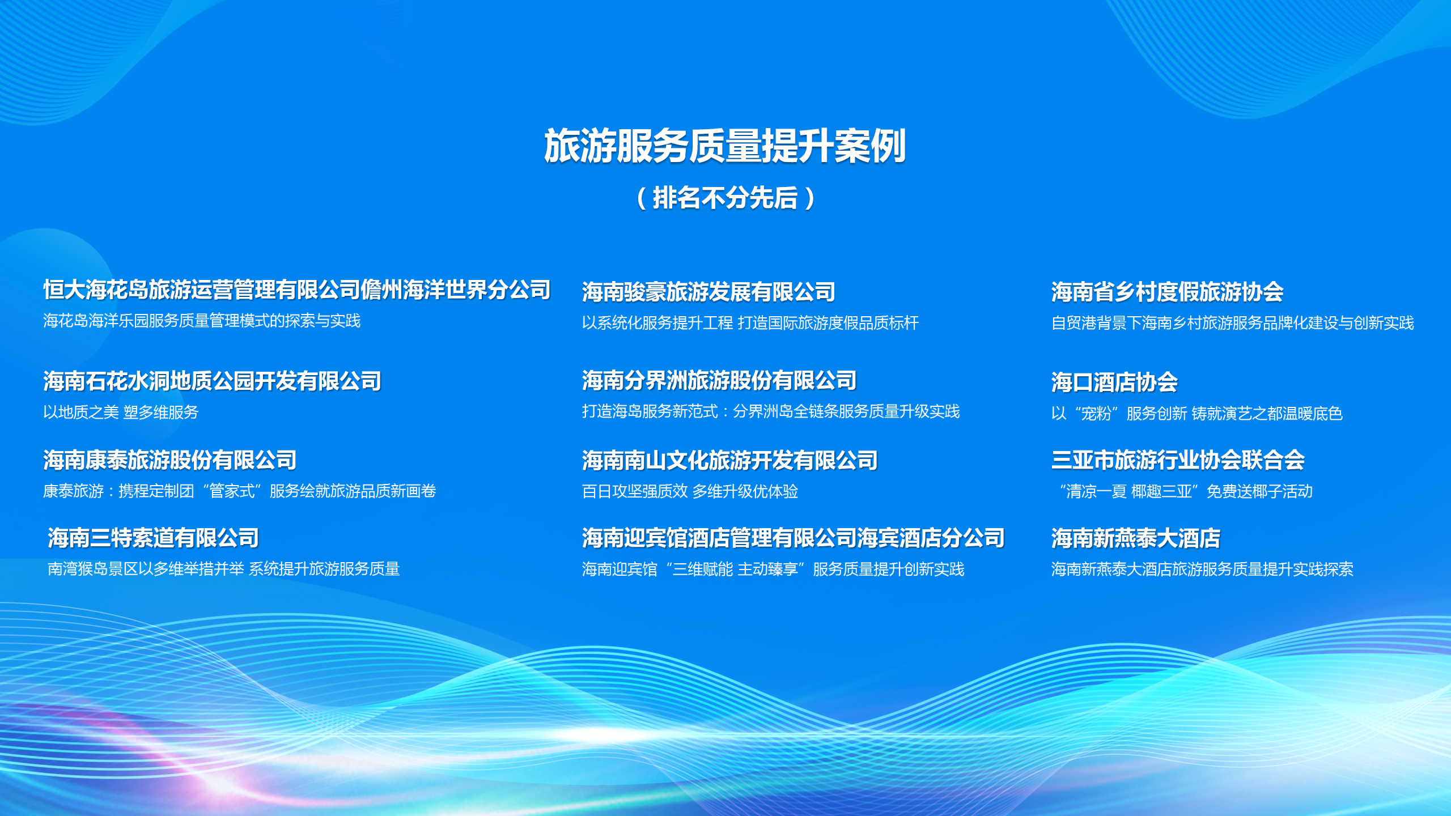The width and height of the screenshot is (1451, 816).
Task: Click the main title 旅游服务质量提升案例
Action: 725,146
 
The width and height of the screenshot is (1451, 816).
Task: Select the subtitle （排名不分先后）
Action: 725,198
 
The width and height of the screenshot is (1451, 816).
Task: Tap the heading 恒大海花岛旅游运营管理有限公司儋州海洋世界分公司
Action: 297,290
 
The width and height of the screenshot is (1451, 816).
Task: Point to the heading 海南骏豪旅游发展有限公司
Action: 708,292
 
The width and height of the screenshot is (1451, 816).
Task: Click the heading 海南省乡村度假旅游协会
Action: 1168,292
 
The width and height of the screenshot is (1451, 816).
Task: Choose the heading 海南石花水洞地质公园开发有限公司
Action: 213,381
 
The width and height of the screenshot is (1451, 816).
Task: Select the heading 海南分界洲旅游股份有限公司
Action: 719,380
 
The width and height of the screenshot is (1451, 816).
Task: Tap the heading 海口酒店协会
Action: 1114,382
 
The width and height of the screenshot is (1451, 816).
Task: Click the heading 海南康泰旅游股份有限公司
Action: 170,460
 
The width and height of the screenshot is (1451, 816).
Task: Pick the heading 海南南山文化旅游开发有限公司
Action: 730,460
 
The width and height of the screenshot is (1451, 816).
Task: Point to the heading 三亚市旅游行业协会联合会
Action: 1178,460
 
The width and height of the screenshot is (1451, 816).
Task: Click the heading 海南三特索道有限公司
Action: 153,538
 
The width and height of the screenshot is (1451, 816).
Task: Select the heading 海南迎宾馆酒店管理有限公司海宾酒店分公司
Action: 793,538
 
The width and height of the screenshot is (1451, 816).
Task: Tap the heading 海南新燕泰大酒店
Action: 1136,538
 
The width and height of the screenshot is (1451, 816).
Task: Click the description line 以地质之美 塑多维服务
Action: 121,412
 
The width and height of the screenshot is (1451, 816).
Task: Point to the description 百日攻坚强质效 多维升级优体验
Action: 690,491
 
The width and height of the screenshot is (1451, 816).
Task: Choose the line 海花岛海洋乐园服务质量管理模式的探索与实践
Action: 202,321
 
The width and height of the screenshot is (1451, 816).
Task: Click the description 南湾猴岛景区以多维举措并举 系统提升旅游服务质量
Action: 223,568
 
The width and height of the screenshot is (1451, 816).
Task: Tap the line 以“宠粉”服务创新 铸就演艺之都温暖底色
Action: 1197,413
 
